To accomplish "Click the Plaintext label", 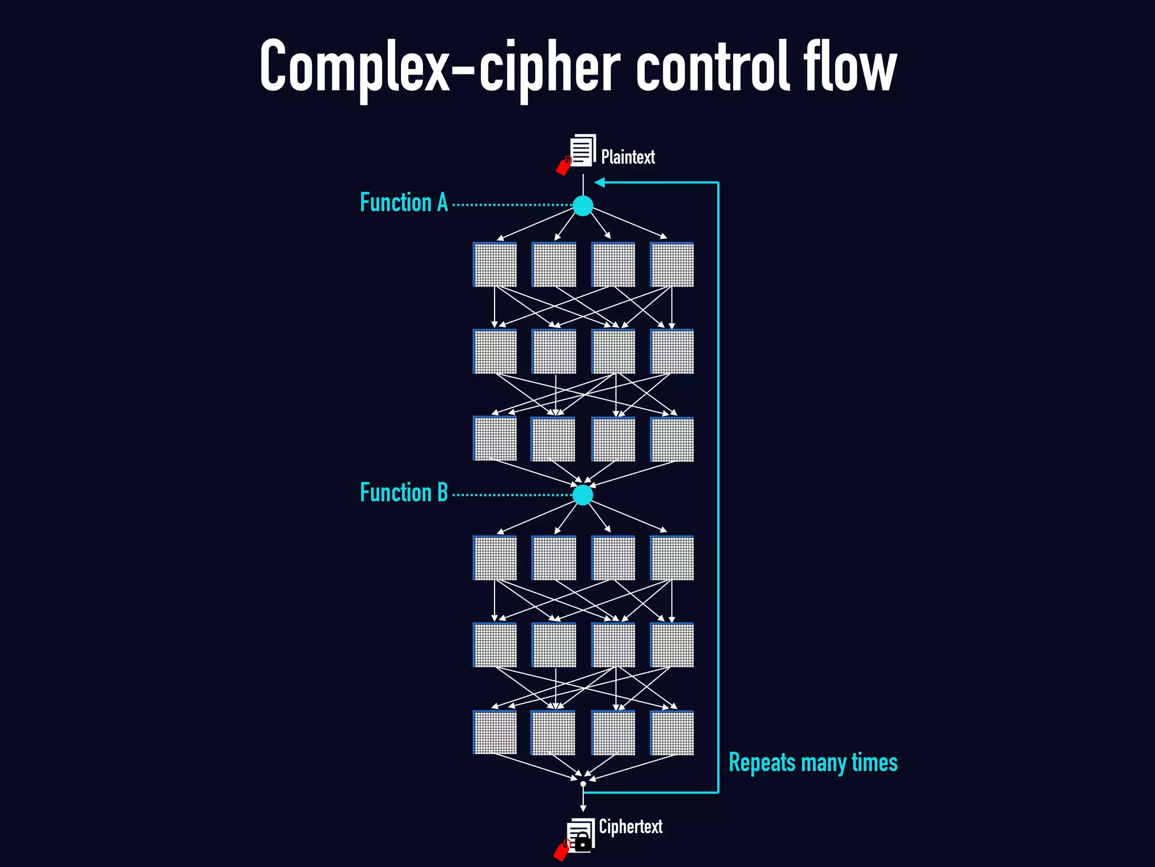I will tap(628, 157).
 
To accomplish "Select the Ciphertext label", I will tap(630, 826).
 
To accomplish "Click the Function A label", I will tap(404, 203).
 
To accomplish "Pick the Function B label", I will tap(404, 492).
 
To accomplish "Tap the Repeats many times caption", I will tap(813, 763).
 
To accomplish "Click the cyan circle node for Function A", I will tap(583, 205).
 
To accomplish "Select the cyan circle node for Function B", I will tap(583, 495).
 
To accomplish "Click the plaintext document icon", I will tap(583, 150).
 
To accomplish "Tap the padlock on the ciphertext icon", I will tap(583, 844).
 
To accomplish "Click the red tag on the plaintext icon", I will tap(563, 167).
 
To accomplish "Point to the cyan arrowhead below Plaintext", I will tap(600, 182).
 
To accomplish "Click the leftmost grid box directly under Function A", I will tap(495, 265).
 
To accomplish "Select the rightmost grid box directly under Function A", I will tap(672, 265).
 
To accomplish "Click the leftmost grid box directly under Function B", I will tap(495, 558).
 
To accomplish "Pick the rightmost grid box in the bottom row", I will tap(672, 733).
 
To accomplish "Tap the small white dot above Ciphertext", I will tap(583, 784).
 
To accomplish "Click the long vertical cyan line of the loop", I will tap(718, 485).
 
